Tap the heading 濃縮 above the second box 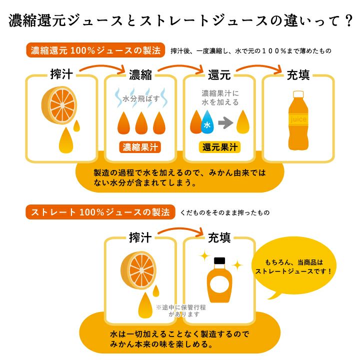140,75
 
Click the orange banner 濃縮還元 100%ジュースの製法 95,51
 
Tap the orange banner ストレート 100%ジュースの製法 100,212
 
